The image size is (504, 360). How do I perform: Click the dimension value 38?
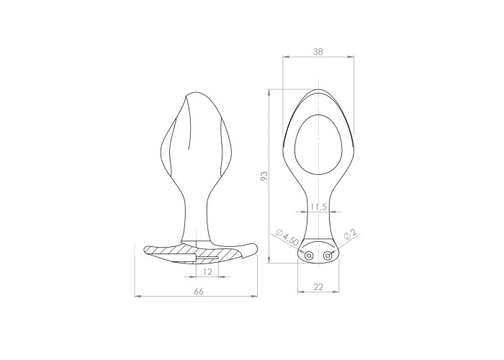[x=318, y=51]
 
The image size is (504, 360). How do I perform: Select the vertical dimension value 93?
[x=264, y=176]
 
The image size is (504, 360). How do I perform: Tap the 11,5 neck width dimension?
[x=318, y=207]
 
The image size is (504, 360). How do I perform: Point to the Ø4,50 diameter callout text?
[x=287, y=237]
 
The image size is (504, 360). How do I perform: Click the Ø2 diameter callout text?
[x=350, y=234]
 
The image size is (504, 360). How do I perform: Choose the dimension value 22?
[x=318, y=287]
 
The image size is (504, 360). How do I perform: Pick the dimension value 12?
[x=208, y=272]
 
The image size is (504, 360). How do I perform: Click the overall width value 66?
[x=199, y=291]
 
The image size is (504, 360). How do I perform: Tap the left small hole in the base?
[x=309, y=256]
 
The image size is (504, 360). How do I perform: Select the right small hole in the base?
[x=328, y=256]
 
